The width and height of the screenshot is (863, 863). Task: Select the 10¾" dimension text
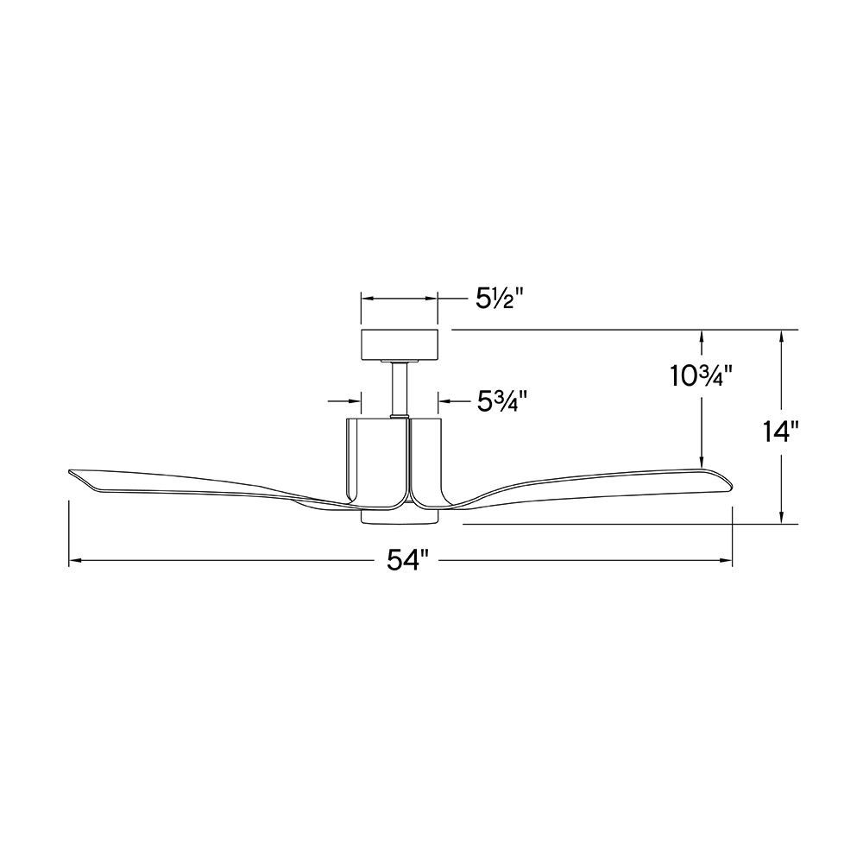pyautogui.click(x=701, y=376)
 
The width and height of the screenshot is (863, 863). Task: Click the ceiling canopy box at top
pyautogui.click(x=399, y=345)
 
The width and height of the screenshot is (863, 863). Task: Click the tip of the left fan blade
pyautogui.click(x=69, y=472)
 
